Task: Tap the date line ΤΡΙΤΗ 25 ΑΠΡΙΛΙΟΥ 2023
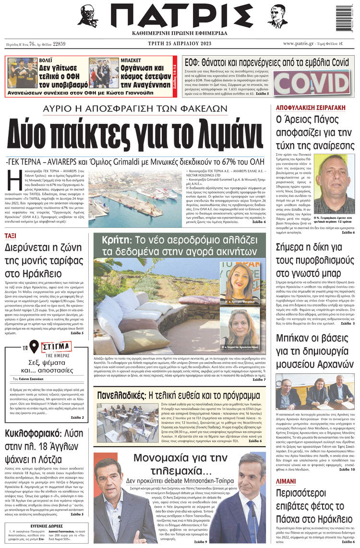point(180,43)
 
